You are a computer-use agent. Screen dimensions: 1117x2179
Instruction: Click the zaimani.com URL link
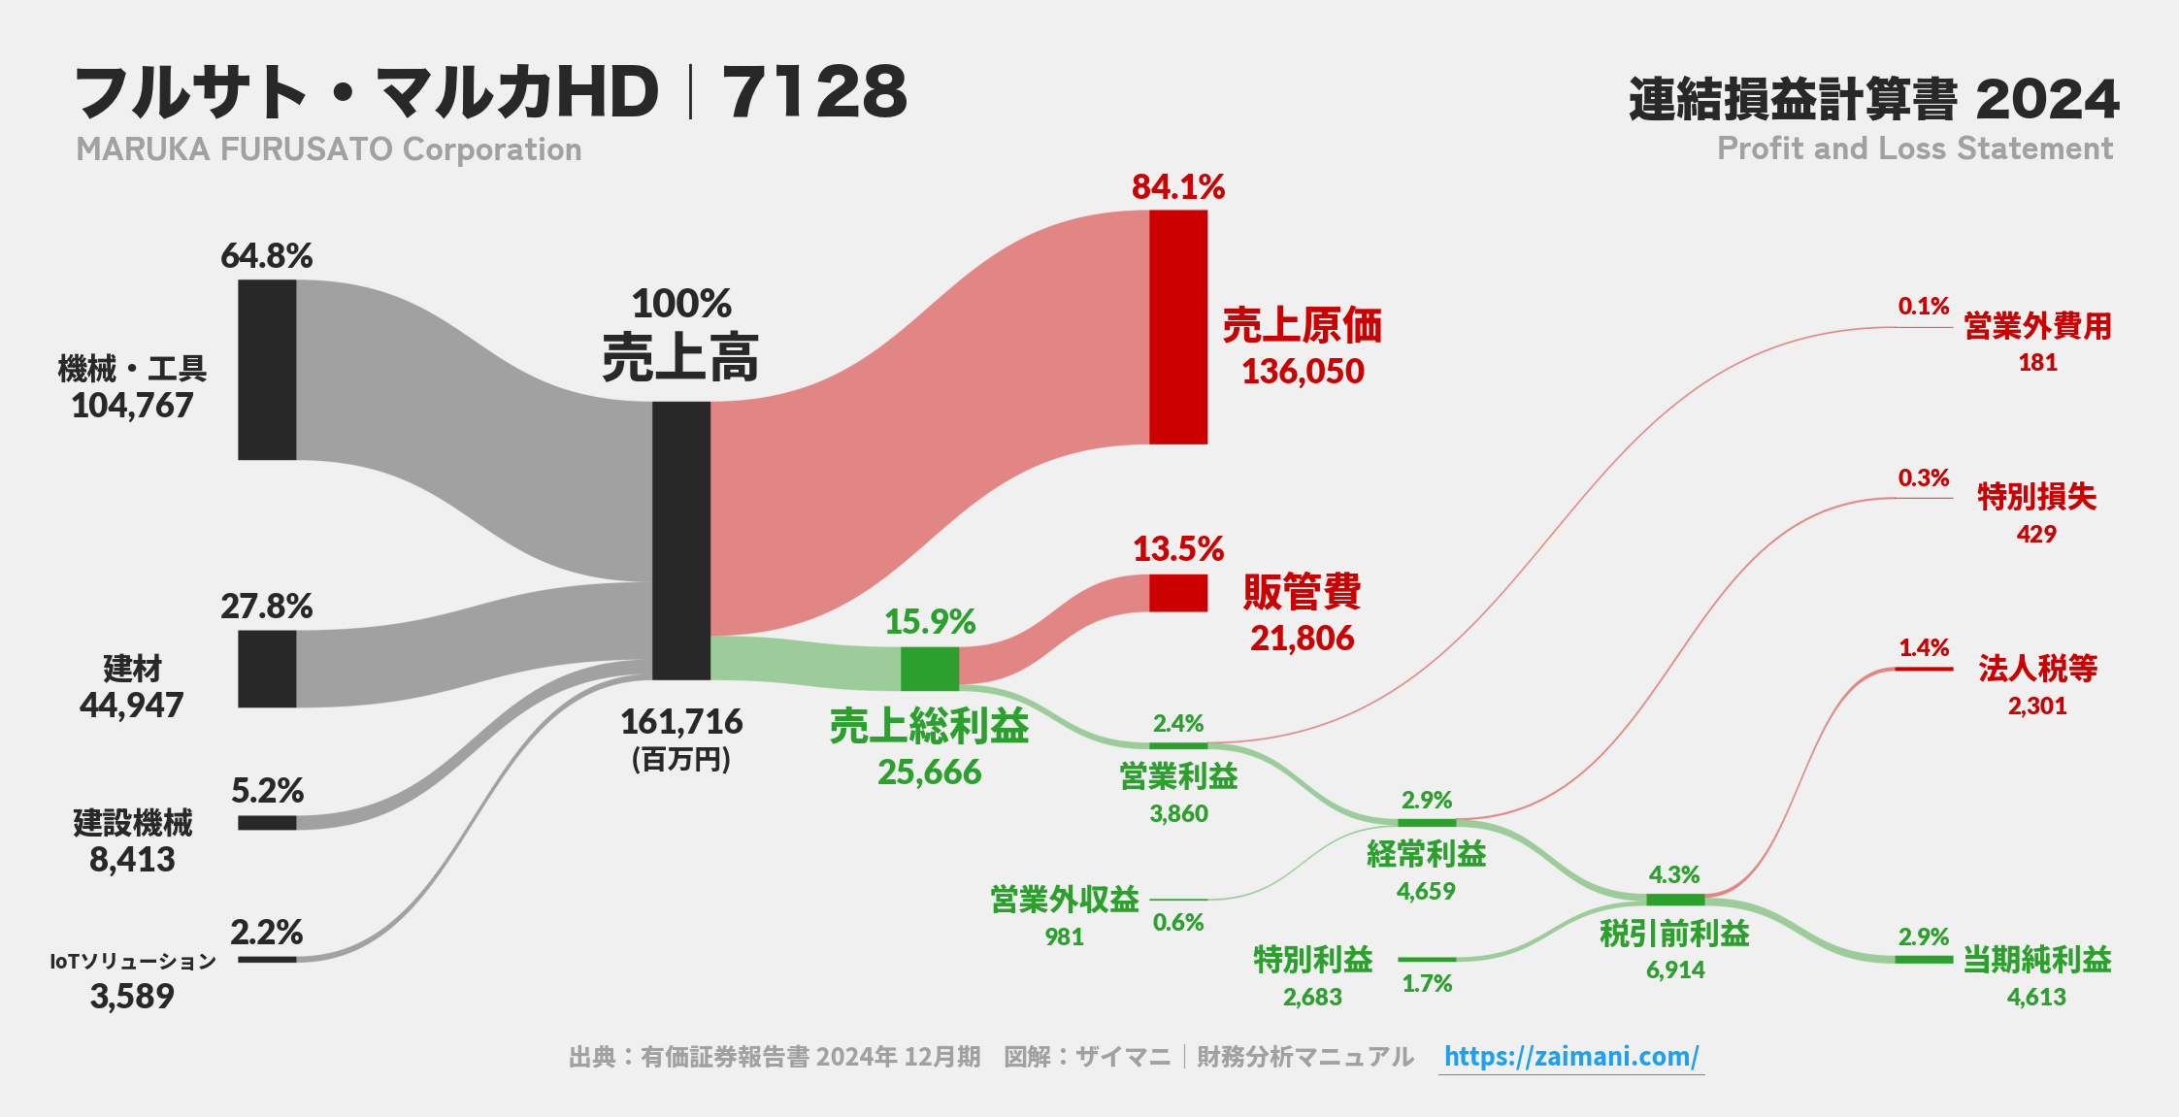pos(1570,1056)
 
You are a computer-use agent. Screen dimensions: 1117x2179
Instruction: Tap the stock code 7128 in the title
pos(814,93)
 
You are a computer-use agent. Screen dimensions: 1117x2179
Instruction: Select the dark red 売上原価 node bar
pos(1178,327)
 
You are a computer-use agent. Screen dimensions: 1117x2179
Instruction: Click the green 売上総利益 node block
pos(929,668)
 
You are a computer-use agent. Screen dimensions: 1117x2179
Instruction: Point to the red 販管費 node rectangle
pos(1178,593)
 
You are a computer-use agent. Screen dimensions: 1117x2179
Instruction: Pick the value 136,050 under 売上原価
pos(1303,372)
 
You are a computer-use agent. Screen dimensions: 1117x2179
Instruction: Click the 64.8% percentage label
pos(266,256)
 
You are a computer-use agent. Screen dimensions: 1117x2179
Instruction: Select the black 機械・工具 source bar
pos(267,370)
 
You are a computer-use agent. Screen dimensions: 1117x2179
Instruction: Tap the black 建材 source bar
pos(267,669)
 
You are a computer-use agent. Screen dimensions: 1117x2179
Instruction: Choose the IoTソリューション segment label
pos(133,961)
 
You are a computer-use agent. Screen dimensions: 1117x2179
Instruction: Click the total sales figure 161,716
pos(681,722)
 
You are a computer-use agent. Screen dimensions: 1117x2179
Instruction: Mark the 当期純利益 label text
pos(2036,960)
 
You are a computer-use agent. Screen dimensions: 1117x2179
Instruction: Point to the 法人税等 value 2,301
pos(2036,706)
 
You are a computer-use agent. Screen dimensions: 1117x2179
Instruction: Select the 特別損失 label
pos(2036,497)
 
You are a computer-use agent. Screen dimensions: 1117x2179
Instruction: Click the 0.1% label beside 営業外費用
pos(1923,307)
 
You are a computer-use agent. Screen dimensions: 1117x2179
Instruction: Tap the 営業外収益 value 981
pos(1064,936)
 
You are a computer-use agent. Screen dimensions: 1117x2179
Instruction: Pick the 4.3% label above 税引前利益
pos(1674,874)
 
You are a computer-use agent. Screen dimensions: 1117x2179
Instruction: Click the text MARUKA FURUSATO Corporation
pos(329,149)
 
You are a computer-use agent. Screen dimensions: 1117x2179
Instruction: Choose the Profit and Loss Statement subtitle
pos(1914,148)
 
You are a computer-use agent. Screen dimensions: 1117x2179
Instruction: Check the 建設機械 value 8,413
pos(132,860)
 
